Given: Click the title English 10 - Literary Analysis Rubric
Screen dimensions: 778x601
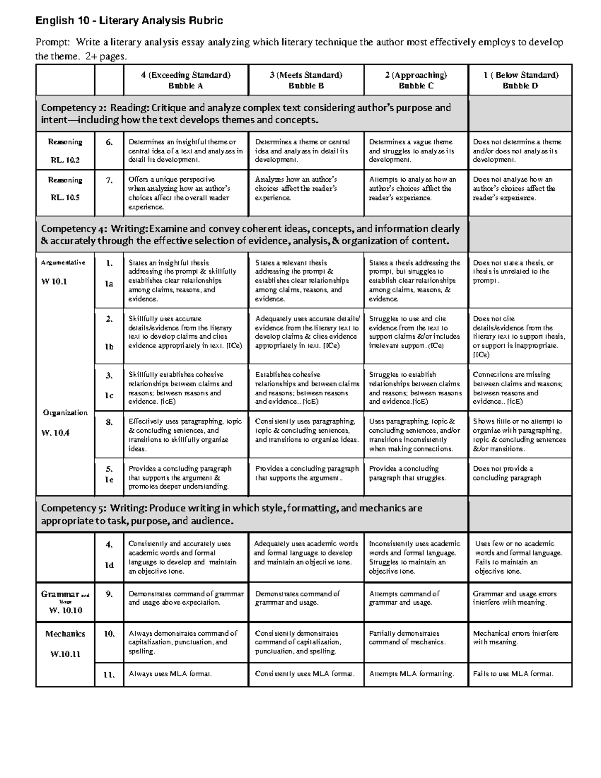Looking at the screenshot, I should point(129,21).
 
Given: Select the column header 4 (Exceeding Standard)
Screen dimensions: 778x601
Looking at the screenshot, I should point(186,75).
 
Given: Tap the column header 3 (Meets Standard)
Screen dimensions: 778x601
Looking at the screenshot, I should point(306,75).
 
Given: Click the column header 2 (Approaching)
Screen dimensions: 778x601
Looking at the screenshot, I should point(416,75).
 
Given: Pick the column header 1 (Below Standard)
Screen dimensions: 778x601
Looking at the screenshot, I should point(520,75).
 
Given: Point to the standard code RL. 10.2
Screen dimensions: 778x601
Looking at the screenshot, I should point(65,160).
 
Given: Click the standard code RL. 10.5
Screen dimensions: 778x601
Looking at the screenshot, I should point(65,197).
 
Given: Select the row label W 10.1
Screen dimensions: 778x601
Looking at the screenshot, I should point(54,282).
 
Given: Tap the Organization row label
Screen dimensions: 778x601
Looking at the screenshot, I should point(65,413).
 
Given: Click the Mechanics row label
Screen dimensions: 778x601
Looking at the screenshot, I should point(65,634).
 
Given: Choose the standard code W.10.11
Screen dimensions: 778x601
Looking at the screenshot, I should point(65,654).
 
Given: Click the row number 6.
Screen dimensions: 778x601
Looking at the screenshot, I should point(109,142).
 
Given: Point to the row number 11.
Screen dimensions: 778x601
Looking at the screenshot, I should point(109,674).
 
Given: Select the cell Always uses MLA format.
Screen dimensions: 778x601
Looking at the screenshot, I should point(170,674).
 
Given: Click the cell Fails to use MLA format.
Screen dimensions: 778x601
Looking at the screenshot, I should point(513,674).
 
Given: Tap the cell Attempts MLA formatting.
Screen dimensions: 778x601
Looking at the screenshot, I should point(411,674).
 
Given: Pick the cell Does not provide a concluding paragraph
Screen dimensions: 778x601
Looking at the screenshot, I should point(507,473).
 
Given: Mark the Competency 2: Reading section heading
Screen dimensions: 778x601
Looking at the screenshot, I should point(245,114).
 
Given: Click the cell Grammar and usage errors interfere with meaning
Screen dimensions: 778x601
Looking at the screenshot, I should point(514,598).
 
